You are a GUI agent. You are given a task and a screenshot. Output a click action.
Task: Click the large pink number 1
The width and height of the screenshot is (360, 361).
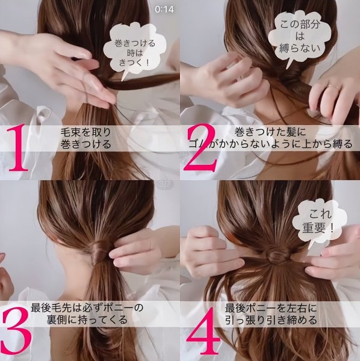pyautogui.click(x=19, y=147)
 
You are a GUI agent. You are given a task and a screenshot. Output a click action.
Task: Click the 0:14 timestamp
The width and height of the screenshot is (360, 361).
pyautogui.click(x=164, y=10)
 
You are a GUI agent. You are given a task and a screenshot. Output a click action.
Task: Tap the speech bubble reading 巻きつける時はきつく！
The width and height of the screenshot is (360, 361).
pyautogui.click(x=132, y=51)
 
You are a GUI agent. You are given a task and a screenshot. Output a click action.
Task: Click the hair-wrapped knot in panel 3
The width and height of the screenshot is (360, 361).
pyautogui.click(x=98, y=251)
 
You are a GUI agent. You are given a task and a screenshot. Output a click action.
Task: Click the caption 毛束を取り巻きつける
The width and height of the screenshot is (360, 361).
pyautogui.click(x=85, y=138)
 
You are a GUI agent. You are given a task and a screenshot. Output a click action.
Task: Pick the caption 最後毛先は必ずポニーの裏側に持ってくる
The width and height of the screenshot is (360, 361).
pyautogui.click(x=87, y=313)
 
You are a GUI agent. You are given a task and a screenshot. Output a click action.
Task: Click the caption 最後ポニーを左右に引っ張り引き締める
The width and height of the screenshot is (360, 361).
pyautogui.click(x=271, y=313)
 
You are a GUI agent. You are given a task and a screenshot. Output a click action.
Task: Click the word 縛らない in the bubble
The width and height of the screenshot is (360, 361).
pyautogui.click(x=300, y=48)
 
